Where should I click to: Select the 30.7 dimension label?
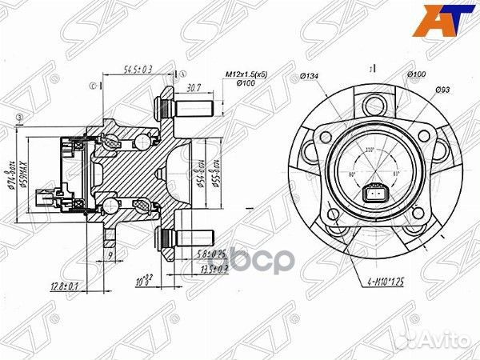pos(193,89)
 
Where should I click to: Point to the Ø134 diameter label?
pos(310,76)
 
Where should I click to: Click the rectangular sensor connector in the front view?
pos(374,194)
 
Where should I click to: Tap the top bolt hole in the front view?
pos(373,105)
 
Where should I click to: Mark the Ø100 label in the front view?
pos(416,74)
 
